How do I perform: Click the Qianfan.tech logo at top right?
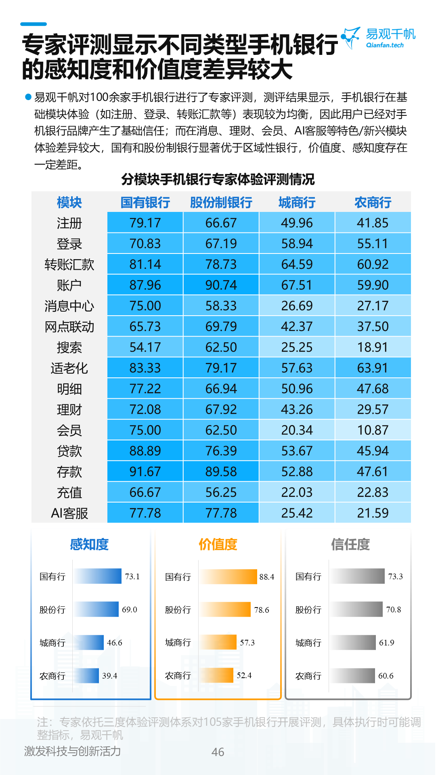point(379,38)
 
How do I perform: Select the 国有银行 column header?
point(145,202)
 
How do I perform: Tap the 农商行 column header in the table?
point(373,202)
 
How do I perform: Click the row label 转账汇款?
point(69,264)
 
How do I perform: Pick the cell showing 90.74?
point(221,285)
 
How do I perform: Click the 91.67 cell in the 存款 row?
point(145,471)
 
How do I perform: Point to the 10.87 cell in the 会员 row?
point(373,430)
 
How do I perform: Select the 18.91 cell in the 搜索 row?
point(373,347)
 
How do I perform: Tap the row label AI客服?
point(69,513)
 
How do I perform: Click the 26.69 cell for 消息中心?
point(297,306)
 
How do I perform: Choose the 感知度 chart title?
point(89,545)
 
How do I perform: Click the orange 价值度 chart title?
point(218,545)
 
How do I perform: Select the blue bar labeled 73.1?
point(97,576)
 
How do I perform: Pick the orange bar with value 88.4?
point(228,576)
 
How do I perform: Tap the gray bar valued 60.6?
point(352,676)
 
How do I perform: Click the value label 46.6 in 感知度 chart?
point(114,643)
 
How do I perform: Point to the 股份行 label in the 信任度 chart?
point(308,610)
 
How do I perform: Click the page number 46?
point(218,752)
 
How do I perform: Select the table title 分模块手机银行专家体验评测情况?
point(218,179)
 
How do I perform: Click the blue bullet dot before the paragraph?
point(28,97)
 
